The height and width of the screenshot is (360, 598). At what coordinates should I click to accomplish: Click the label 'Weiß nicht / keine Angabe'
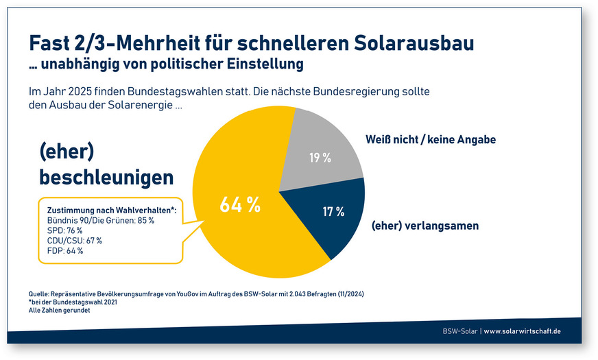(x=431, y=139)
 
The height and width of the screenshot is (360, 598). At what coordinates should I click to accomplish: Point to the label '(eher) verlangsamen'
(x=424, y=226)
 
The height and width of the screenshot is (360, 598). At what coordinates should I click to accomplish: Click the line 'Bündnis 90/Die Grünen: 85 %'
(x=100, y=220)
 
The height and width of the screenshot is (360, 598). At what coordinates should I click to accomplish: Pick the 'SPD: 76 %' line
(x=64, y=230)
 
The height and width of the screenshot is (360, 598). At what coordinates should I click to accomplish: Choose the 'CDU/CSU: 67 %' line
(x=74, y=241)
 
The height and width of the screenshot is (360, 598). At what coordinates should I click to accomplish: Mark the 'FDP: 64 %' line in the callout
(x=64, y=251)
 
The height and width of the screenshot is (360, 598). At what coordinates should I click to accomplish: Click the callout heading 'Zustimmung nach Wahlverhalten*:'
(x=111, y=210)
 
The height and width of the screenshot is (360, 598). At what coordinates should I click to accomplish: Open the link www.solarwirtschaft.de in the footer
(x=523, y=331)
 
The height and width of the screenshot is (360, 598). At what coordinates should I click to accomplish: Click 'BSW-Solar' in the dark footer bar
(x=459, y=331)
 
